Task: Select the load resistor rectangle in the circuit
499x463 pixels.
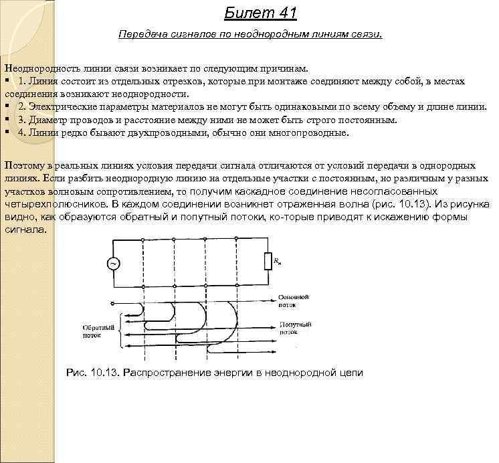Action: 268,261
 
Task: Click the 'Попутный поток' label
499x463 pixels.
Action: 292,327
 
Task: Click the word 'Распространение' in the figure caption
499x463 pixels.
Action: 163,373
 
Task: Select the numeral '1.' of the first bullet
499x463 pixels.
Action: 23,81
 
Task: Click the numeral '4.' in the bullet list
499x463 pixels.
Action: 23,132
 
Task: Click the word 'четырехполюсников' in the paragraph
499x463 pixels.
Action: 56,203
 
